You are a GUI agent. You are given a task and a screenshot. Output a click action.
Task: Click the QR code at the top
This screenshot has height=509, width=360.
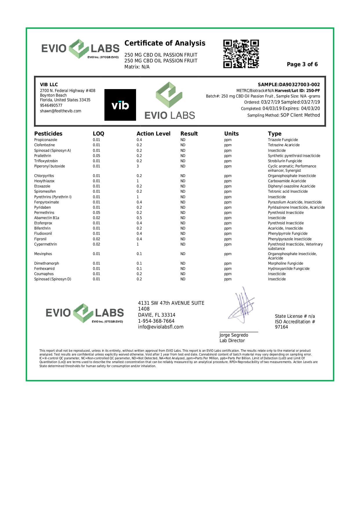(241, 54)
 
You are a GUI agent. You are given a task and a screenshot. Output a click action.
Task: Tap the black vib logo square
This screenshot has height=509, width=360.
(120, 105)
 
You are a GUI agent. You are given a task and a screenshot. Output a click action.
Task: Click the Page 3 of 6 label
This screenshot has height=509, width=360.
(302, 64)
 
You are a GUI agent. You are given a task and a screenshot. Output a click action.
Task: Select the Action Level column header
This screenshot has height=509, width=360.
(153, 133)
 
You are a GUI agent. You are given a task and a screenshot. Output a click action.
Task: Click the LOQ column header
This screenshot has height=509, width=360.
(98, 133)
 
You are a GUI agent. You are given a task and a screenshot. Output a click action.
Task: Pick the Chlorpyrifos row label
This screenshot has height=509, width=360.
(44, 176)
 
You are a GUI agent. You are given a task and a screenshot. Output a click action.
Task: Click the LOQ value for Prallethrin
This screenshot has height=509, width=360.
(96, 156)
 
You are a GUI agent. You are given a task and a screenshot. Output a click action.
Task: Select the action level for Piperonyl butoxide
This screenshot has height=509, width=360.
(138, 166)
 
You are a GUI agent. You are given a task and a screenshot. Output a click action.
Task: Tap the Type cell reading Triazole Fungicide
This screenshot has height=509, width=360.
(283, 140)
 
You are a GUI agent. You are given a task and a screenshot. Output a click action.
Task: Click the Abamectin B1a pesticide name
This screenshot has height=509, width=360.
(47, 218)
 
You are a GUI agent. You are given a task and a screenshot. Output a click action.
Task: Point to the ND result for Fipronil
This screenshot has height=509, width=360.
(183, 239)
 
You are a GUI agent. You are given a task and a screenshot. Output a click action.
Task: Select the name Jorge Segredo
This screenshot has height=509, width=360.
(234, 335)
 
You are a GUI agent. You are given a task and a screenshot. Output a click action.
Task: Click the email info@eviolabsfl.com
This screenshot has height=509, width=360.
(161, 327)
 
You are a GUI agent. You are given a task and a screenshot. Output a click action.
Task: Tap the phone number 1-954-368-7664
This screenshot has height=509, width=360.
(156, 321)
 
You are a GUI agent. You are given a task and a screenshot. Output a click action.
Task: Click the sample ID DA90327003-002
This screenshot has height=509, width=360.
(299, 85)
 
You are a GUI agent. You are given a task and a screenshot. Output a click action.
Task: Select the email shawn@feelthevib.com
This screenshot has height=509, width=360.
(61, 111)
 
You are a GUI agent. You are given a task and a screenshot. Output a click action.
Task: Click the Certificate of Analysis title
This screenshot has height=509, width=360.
(165, 43)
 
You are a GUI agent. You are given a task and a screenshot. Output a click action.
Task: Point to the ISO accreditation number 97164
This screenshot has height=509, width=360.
(281, 327)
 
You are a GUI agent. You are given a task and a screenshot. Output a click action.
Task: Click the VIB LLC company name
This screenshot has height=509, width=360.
(49, 85)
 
